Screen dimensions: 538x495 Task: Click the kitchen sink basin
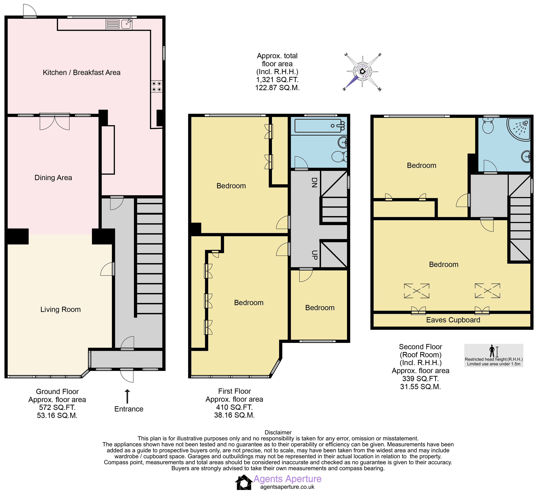tap(126, 24)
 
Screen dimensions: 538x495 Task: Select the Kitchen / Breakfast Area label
tap(82, 73)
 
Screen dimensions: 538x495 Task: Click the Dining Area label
tap(53, 178)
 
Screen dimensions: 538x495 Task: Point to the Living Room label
tap(60, 309)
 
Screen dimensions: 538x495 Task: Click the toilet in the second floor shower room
tap(488, 126)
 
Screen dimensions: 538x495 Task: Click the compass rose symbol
tap(362, 71)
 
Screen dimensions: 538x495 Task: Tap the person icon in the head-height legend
tap(492, 351)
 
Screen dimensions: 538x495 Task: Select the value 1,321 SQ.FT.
tap(277, 80)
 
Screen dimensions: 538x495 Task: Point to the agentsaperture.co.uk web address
tap(287, 487)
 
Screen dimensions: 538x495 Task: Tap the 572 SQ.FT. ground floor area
tap(57, 407)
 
